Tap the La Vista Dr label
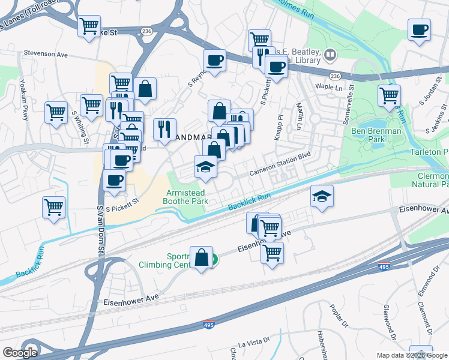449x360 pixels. pyautogui.click(x=251, y=343)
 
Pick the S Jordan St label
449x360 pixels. pyautogui.click(x=430, y=93)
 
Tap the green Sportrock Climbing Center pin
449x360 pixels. pyautogui.click(x=214, y=259)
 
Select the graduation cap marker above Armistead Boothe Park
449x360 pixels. pyautogui.click(x=205, y=167)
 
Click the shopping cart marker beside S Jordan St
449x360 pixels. pyautogui.click(x=389, y=95)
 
